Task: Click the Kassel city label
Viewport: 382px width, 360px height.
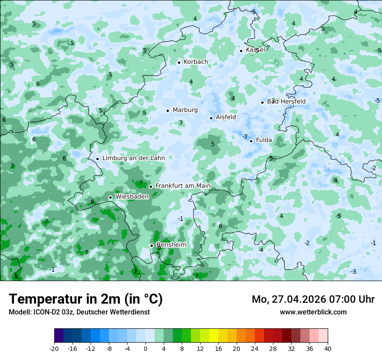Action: pos(255,50)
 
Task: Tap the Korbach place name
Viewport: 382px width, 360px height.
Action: pos(196,62)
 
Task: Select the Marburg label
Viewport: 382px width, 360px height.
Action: pos(185,110)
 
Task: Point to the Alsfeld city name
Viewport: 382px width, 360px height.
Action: pos(226,117)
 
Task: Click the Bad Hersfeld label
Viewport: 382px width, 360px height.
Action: pos(286,101)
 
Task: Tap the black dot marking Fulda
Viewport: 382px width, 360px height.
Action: pos(251,141)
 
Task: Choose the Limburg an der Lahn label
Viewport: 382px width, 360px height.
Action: pos(133,158)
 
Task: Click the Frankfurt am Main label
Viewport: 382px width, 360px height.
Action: pos(183,186)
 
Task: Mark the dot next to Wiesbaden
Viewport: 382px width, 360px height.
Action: pos(110,197)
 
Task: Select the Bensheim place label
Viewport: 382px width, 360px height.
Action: pos(171,245)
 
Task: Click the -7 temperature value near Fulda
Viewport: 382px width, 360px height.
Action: pos(245,137)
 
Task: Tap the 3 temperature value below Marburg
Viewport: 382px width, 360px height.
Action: pos(181,123)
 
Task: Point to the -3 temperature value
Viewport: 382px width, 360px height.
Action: pos(353,272)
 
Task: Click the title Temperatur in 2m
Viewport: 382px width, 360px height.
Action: pos(86,299)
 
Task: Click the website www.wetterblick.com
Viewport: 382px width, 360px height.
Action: pos(313,312)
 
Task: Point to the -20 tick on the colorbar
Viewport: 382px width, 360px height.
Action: pos(54,348)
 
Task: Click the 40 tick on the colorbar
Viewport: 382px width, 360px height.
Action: pos(328,348)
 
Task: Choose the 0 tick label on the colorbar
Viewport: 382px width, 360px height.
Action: pos(145,348)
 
